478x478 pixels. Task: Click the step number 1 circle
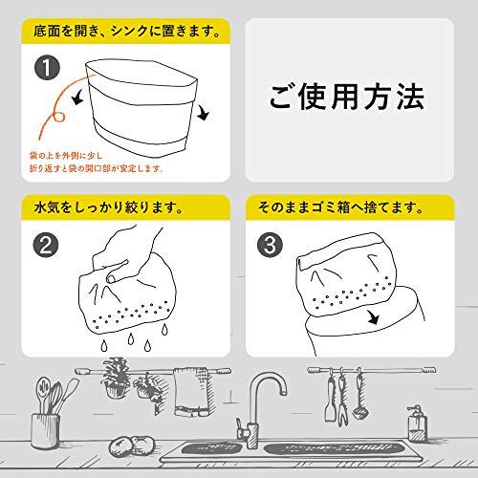click(47, 68)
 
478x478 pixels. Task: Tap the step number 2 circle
click(46, 246)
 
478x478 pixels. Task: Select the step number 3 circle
click(271, 246)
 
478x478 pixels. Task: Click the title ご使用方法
click(347, 97)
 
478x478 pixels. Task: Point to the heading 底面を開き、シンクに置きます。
click(127, 32)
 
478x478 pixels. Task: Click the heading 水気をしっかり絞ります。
click(109, 208)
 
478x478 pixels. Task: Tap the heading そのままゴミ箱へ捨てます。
click(340, 208)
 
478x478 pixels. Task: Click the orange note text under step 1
click(97, 163)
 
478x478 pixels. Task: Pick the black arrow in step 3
click(372, 317)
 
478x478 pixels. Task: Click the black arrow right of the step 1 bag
click(203, 113)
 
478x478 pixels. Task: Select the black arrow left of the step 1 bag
click(78, 97)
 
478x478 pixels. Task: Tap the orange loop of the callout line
click(59, 116)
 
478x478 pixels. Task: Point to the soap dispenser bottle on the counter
click(417, 424)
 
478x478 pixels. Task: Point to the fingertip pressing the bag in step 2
click(111, 279)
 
